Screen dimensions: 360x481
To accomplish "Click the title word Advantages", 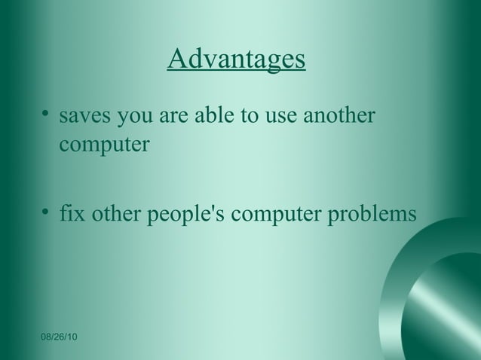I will [x=236, y=60].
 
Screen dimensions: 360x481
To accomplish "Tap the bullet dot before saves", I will [x=47, y=116].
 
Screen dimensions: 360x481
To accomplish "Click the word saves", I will [x=84, y=119].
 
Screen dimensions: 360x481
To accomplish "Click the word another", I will [x=338, y=117].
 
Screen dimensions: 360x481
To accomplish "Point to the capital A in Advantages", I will [x=176, y=59].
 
